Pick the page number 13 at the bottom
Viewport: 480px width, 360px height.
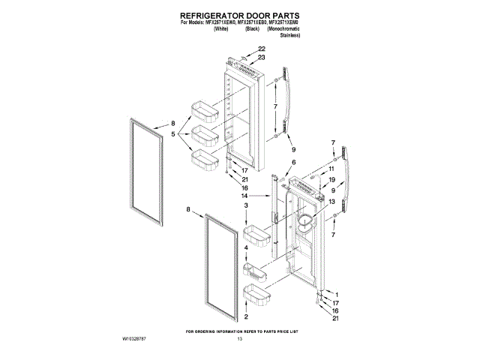(x=240, y=340)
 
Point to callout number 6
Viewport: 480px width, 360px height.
(x=293, y=163)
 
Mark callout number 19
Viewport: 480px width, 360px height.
(x=331, y=181)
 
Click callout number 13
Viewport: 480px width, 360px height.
(x=330, y=200)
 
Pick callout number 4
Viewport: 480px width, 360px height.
(x=245, y=247)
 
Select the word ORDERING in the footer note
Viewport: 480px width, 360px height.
(x=207, y=331)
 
